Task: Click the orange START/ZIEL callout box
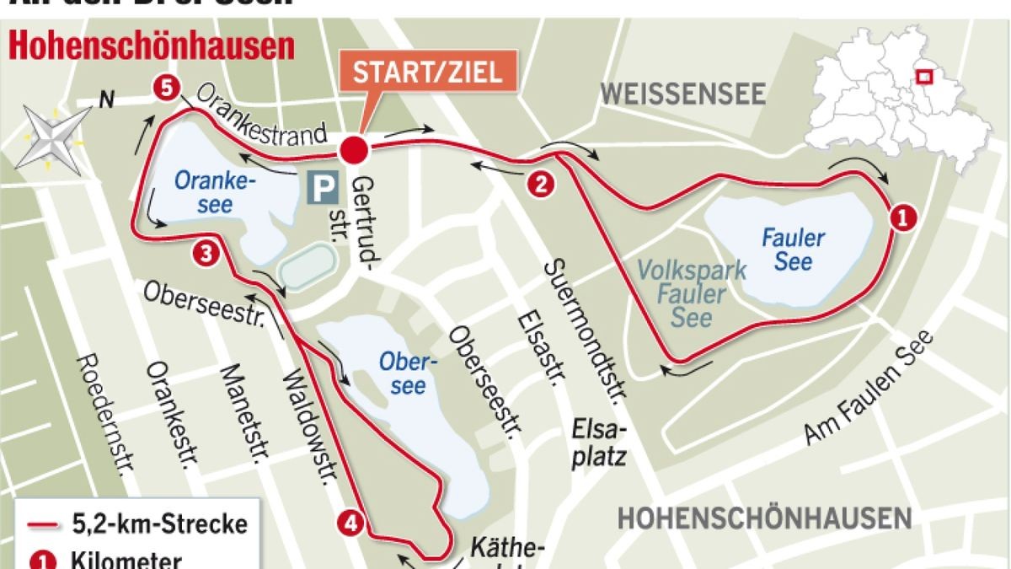pyautogui.click(x=426, y=72)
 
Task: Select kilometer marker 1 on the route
pyautogui.click(x=901, y=217)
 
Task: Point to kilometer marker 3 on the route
pyautogui.click(x=206, y=252)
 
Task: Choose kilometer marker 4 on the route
pyautogui.click(x=352, y=523)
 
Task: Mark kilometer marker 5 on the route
pyautogui.click(x=167, y=87)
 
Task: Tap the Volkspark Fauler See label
pyautogui.click(x=692, y=293)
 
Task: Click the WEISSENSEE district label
pyautogui.click(x=682, y=94)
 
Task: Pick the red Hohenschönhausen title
pyautogui.click(x=152, y=46)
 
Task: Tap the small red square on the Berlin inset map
pyautogui.click(x=924, y=77)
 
